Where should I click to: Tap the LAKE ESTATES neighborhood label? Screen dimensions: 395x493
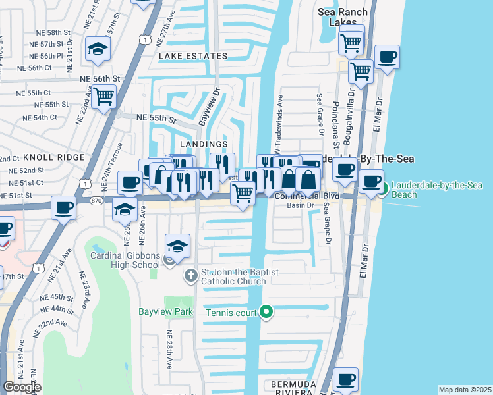[x=193, y=57]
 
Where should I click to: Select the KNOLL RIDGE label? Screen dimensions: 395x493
[x=54, y=157]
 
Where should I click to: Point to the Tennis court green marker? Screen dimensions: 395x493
[x=266, y=311]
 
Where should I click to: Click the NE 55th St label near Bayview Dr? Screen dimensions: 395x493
[x=156, y=118]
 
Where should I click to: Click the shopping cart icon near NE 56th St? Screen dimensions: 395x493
[x=103, y=96]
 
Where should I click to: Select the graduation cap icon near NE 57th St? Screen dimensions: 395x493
[x=98, y=49]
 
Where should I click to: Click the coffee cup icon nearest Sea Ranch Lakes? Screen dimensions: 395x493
[x=386, y=56]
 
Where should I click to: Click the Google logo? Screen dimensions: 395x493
[x=22, y=388]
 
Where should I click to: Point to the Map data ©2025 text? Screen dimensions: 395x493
[x=465, y=390]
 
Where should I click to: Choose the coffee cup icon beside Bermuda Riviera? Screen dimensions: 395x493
[x=345, y=379]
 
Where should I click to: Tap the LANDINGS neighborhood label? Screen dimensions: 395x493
[x=204, y=144]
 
